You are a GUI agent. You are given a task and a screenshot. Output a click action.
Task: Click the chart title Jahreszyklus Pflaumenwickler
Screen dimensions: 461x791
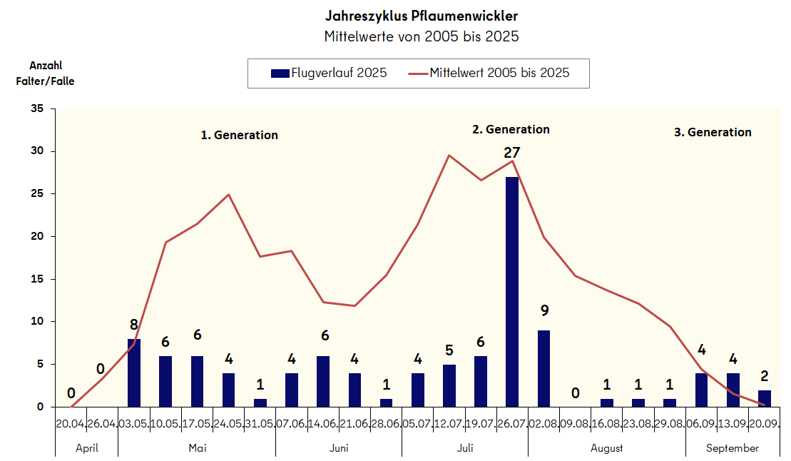[x=421, y=15]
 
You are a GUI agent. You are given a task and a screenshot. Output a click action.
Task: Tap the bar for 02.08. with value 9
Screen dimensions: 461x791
[x=544, y=368]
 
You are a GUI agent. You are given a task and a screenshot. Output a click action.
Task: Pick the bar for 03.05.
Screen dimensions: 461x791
[x=134, y=373]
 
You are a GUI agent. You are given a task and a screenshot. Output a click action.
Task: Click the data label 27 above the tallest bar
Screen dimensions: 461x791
[x=511, y=152]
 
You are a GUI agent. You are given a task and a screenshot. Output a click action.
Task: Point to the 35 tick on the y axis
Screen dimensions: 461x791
[x=37, y=108]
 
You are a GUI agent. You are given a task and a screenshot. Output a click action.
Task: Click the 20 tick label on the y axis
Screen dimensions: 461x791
[x=37, y=236]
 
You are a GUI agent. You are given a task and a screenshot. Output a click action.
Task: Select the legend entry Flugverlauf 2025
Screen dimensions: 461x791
[x=329, y=73]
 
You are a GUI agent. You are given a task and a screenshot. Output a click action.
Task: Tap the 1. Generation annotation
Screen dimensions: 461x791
[x=239, y=135]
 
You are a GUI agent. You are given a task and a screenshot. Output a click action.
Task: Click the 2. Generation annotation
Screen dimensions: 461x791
[x=511, y=129]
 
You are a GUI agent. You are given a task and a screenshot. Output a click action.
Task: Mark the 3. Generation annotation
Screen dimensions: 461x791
[x=713, y=132]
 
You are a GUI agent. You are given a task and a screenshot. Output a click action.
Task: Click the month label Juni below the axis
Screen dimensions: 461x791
[x=339, y=448]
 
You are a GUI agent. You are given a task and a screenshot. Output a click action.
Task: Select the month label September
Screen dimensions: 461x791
[x=733, y=448]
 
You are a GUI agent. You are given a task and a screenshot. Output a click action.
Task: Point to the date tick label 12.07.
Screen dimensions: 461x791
[x=449, y=424]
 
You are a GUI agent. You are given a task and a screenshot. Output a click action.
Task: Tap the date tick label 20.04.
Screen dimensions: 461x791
[x=71, y=424]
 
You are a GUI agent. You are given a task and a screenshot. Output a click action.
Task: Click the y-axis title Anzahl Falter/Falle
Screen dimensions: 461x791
[x=45, y=73]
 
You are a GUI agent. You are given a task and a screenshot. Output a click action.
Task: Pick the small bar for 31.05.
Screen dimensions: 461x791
[x=260, y=402]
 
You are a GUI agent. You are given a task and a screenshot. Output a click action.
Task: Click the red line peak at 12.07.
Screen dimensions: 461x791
[x=449, y=156]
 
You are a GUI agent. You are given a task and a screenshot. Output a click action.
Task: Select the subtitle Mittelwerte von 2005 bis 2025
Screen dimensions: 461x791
[x=421, y=36]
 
